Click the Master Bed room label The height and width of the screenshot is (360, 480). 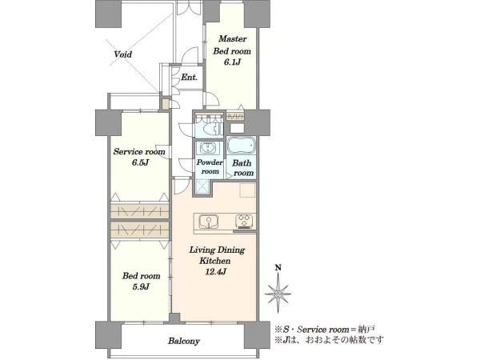click(232, 45)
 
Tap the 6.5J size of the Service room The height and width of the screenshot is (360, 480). click(140, 162)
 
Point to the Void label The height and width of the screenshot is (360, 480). click(123, 54)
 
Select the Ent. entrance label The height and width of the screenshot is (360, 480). click(189, 78)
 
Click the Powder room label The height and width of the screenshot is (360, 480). click(210, 167)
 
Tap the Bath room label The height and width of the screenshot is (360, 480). click(242, 168)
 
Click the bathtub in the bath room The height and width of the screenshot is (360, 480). click(242, 145)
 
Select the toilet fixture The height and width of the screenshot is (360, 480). click(215, 128)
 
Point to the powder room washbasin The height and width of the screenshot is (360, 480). click(209, 148)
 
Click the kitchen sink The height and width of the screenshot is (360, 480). click(209, 222)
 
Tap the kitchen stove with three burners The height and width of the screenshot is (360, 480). click(244, 221)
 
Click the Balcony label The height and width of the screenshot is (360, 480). click(184, 341)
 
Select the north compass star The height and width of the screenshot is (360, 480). click(278, 294)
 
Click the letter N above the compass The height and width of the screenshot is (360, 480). click(278, 268)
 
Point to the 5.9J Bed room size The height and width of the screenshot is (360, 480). click(141, 287)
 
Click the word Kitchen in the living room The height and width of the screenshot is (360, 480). click(215, 261)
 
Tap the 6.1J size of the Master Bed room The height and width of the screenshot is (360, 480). click(232, 62)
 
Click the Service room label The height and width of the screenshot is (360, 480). click(139, 151)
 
